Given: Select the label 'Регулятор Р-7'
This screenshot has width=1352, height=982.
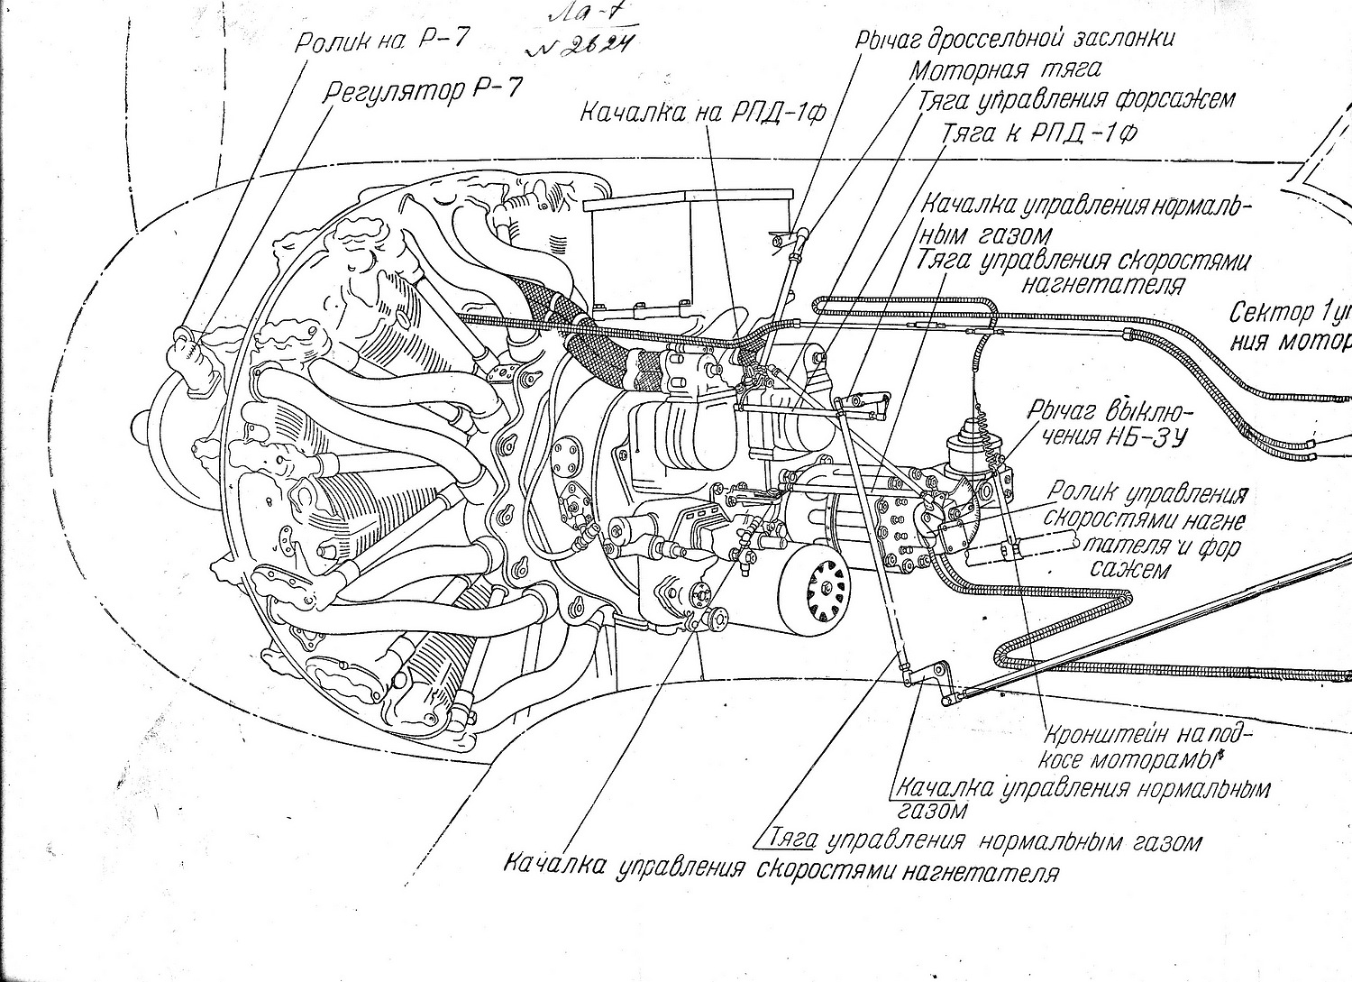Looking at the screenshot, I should tap(422, 92).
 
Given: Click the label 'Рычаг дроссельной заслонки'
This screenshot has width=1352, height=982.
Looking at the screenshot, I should tap(1016, 39).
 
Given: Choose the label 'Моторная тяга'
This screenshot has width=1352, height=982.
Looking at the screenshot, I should tap(1004, 69).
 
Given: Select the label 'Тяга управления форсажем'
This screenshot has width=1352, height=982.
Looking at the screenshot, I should tap(1075, 99).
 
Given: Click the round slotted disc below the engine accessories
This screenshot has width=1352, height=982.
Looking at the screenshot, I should tap(815, 586).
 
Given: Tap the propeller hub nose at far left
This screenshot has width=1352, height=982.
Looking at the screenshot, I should tap(142, 423).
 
